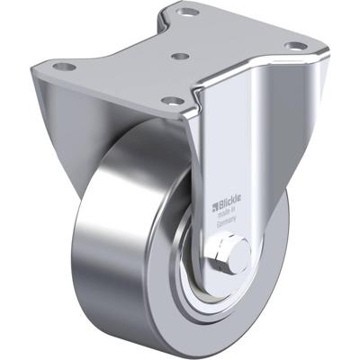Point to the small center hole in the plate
tap(179, 56)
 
